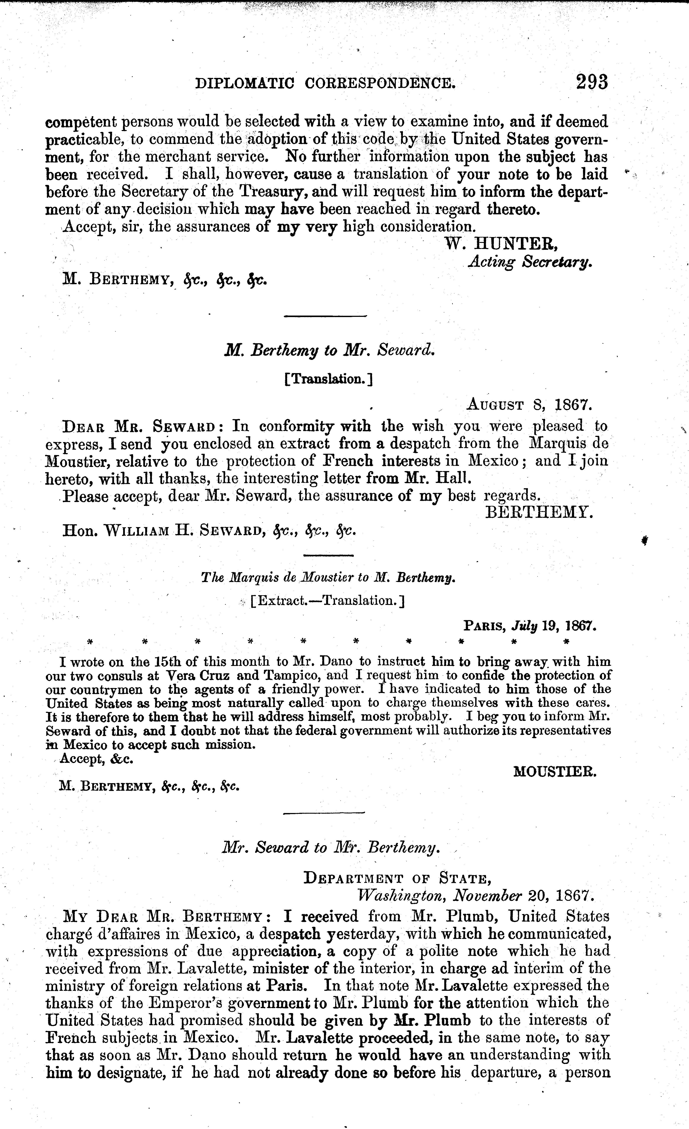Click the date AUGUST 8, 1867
(530, 405)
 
